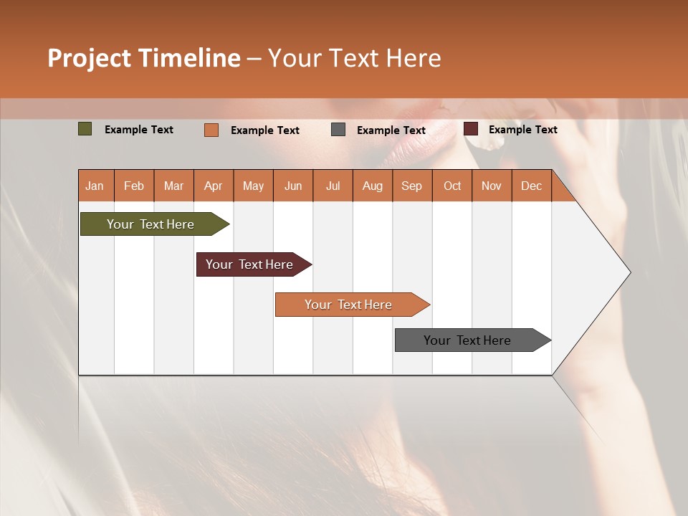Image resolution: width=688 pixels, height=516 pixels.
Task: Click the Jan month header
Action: click(95, 186)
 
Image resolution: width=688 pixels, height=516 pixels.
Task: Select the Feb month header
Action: click(134, 186)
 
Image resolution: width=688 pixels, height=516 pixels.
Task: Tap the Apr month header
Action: click(213, 186)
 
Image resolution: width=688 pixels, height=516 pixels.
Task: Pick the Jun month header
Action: click(293, 186)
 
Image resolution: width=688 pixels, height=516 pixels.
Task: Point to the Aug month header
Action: click(372, 186)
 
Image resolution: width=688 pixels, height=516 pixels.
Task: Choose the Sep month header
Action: click(411, 186)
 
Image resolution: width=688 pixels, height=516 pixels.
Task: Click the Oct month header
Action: click(452, 186)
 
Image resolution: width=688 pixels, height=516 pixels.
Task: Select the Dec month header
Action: click(531, 186)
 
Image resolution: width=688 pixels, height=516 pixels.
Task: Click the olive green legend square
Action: click(85, 129)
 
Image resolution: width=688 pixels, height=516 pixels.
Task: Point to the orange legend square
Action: click(211, 130)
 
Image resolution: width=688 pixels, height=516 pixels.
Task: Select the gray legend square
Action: click(338, 130)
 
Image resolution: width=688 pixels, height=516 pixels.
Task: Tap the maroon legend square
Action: click(471, 129)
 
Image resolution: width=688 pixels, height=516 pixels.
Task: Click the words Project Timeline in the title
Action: click(144, 58)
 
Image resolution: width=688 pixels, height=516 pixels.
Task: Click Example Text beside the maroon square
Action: click(522, 129)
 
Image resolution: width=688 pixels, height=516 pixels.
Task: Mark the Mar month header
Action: click(173, 186)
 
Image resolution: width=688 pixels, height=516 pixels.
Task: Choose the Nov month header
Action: click(491, 186)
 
